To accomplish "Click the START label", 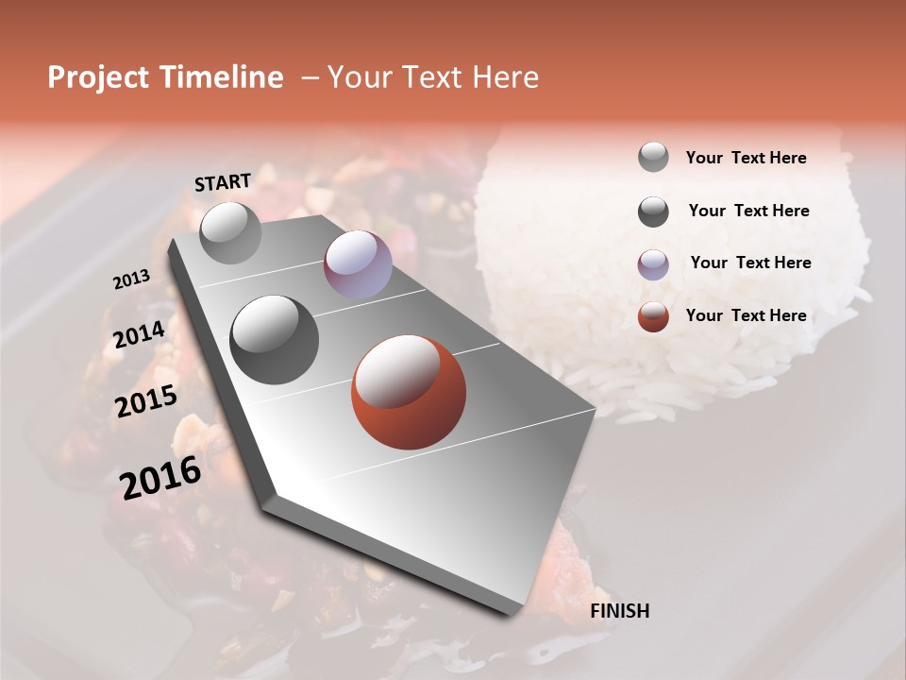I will pos(223,182).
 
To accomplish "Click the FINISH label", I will pos(619,611).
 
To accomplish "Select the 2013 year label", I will pos(132,280).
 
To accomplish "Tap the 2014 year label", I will pos(140,335).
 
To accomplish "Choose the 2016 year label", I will pos(160,477).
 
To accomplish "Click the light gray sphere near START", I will pos(230,232).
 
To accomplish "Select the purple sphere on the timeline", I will pos(358,264).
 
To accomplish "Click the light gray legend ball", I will pos(653,158).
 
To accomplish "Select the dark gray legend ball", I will pos(653,212).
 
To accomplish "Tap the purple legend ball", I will pos(653,263).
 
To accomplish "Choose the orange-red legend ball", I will pos(653,316).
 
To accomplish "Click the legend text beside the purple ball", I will pos(750,263).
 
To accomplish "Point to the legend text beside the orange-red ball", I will pos(746,315).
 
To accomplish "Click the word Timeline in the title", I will pos(223,77).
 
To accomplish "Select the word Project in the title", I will pos(99,77).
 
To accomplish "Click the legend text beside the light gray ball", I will pos(746,158).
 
